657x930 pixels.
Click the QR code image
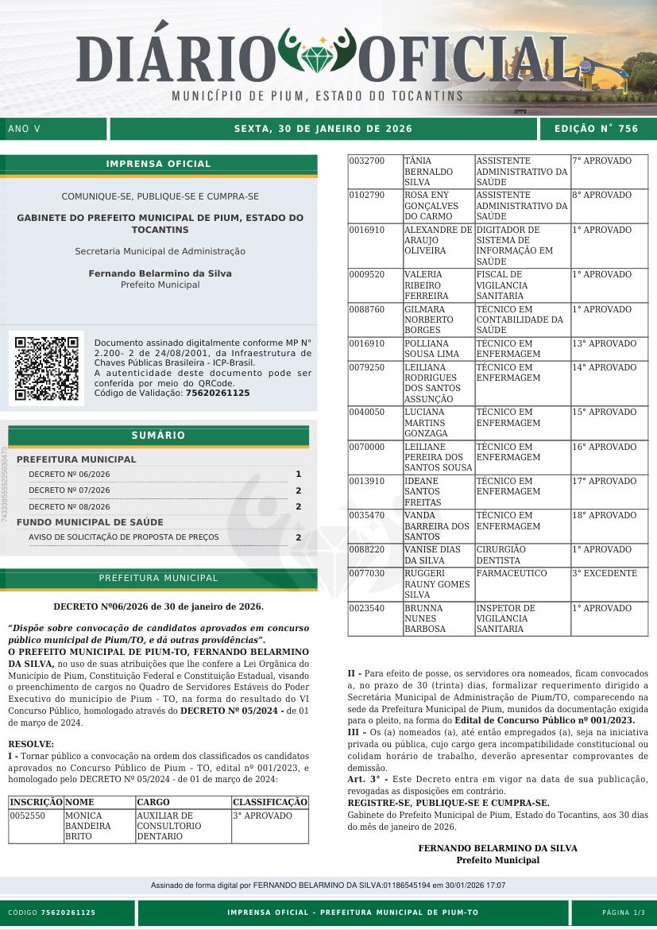[46, 369]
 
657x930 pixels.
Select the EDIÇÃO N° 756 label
[596, 129]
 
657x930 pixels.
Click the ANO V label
[24, 129]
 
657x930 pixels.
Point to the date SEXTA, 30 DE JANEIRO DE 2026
[323, 129]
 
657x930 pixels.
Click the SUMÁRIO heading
[158, 436]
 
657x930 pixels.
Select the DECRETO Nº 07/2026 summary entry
[69, 490]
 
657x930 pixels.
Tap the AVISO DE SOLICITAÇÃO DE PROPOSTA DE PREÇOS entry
[123, 537]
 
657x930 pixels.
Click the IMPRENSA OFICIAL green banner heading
[158, 164]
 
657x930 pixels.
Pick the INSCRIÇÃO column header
[36, 802]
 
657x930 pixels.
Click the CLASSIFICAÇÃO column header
[270, 802]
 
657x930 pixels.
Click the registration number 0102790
[367, 195]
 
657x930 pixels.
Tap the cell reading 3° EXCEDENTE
[605, 573]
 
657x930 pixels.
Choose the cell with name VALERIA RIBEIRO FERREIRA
[427, 285]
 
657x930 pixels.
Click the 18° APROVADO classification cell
[605, 515]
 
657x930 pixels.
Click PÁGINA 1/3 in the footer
[624, 913]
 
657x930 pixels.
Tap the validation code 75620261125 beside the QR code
[217, 393]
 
